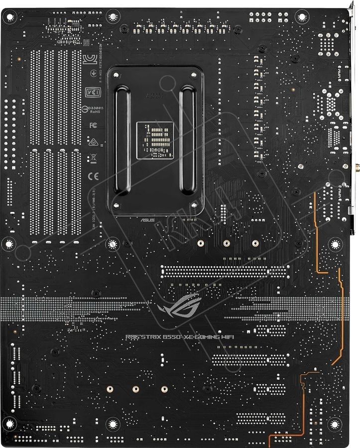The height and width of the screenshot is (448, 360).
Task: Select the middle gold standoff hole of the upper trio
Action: (227, 243)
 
